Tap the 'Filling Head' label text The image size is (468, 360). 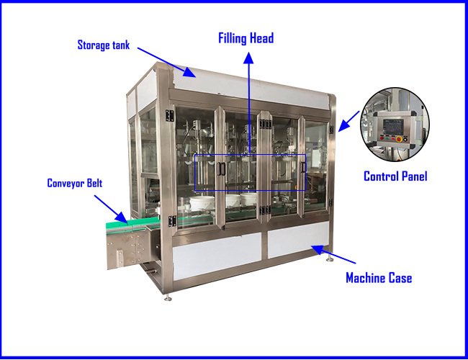[x=246, y=38]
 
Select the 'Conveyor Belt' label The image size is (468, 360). [x=75, y=184]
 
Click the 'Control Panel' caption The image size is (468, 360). [x=395, y=176]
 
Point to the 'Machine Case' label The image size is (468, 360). [x=378, y=278]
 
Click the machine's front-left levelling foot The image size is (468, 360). [x=168, y=297]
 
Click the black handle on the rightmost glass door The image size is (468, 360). [x=304, y=167]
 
